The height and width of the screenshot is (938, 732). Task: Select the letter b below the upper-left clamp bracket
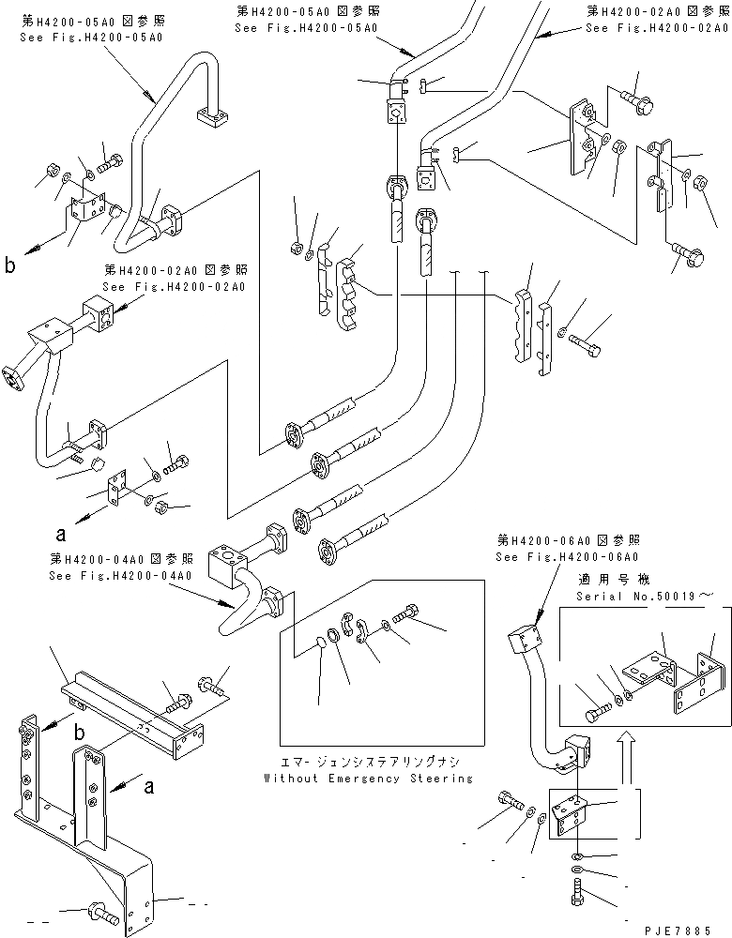[10, 266]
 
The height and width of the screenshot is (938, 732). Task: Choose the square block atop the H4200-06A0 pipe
[525, 643]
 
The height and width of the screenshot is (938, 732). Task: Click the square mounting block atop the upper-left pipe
[213, 118]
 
